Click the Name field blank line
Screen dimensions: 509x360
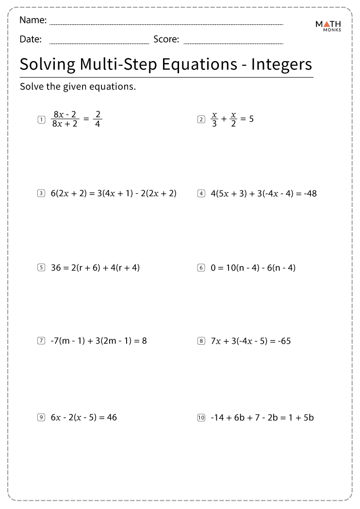166,24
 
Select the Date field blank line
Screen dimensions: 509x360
99,43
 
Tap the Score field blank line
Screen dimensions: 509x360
233,43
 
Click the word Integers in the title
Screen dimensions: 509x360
281,64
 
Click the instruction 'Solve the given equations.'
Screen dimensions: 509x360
78,87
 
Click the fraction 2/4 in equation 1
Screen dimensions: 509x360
98,119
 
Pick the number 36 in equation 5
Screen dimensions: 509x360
56,267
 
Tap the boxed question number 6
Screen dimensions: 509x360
201,267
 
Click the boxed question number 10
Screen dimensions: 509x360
201,417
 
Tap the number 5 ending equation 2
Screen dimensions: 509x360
251,119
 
